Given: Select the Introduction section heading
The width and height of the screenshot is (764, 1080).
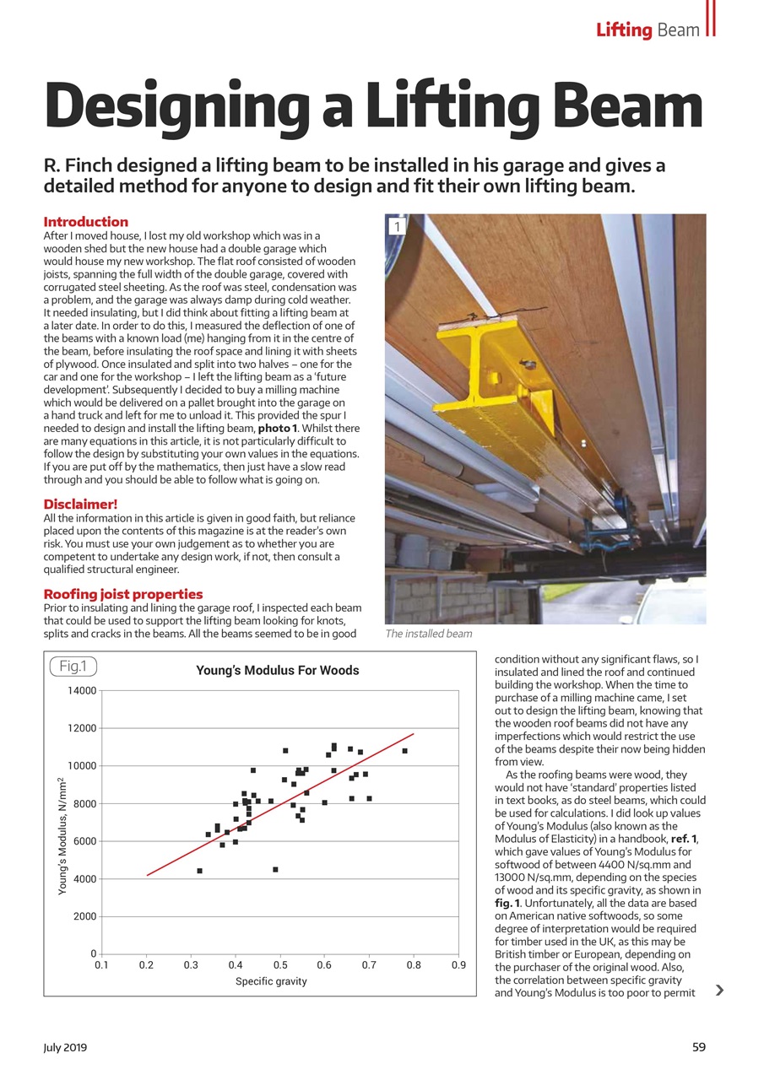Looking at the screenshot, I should [85, 222].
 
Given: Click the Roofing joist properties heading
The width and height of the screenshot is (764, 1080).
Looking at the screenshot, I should [122, 594].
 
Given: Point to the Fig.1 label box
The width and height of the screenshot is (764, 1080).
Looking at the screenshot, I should [73, 667].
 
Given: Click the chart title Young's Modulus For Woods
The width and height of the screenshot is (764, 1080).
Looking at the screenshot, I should [277, 671].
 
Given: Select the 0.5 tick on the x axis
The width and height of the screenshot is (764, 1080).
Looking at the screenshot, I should [279, 965].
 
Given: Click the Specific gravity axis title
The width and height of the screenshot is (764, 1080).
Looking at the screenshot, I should [271, 981].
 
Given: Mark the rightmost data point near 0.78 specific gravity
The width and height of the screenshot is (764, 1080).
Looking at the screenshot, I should [404, 751].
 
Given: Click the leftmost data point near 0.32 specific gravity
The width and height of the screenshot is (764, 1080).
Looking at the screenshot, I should [199, 871].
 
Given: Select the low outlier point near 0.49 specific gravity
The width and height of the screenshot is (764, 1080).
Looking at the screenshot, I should [275, 869].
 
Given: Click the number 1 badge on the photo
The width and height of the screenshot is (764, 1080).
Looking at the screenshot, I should [397, 226].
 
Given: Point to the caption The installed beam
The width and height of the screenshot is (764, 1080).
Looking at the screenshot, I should [428, 634].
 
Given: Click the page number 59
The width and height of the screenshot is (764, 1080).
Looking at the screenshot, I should [698, 1047].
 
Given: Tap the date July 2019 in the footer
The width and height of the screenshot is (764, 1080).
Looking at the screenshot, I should [65, 1047].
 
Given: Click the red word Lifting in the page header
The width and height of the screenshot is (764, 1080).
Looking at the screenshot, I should [624, 30].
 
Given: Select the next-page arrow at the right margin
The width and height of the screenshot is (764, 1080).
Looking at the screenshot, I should [718, 990].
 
